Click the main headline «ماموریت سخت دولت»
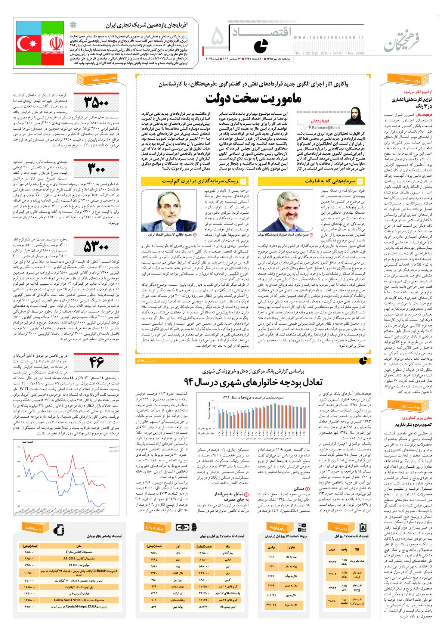pos(254,100)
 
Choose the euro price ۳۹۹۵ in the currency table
pos(154,559)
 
